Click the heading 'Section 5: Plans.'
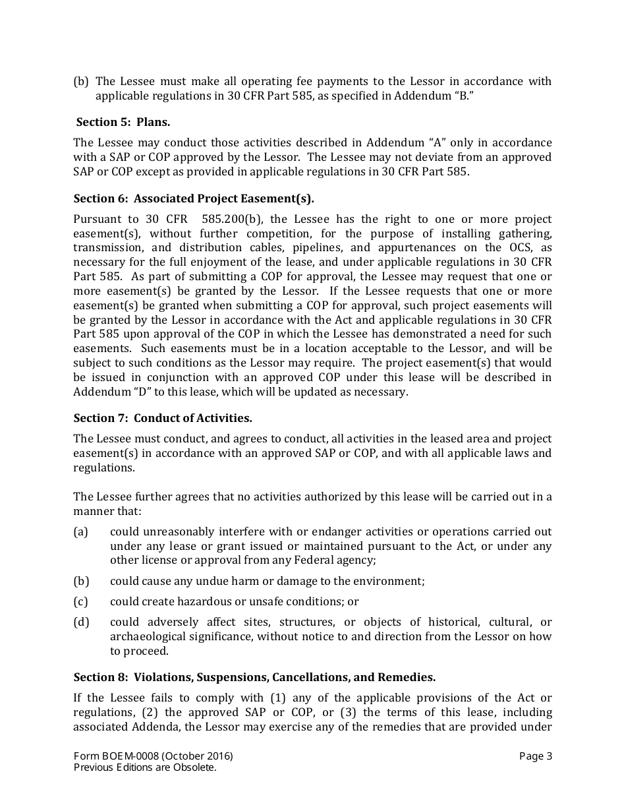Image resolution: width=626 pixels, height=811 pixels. point(123,122)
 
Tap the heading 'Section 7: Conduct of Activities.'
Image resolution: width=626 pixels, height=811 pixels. point(163,418)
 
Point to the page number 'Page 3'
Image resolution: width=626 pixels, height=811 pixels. point(535,756)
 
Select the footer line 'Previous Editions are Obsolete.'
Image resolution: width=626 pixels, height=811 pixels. point(145,767)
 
